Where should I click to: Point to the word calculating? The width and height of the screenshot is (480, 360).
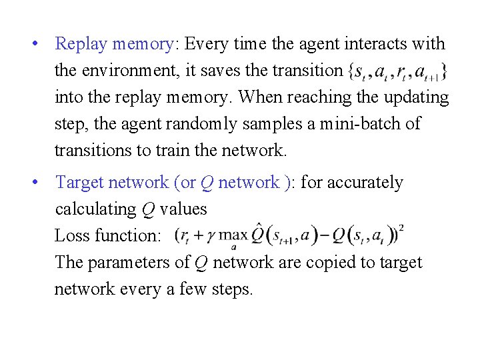pos(96,209)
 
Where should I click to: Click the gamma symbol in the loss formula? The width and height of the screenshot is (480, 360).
pos(209,237)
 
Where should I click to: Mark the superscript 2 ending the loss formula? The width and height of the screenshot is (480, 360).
pos(401,228)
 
